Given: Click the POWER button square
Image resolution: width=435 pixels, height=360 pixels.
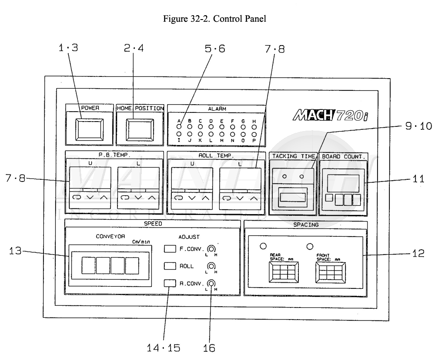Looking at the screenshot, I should coord(89,129).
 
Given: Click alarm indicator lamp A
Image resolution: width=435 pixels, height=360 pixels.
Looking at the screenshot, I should coord(178,127).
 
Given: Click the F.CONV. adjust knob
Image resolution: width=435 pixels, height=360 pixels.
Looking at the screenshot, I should coord(211,249).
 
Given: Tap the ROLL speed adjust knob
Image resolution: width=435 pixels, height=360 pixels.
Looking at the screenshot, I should coord(211,266).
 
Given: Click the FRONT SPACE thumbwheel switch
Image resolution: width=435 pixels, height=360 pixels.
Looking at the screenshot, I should coord(330,273).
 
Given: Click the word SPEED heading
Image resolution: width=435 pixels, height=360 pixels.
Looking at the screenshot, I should coord(152,224).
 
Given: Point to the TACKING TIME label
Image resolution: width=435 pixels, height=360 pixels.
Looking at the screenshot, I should coord(293,156).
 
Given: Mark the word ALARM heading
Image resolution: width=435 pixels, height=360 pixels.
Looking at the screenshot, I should coord(216,109).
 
